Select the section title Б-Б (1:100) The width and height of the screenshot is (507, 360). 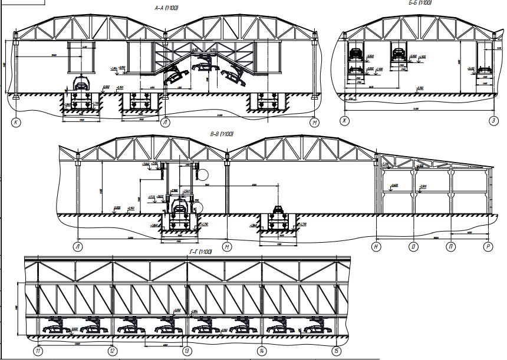(x=420, y=3)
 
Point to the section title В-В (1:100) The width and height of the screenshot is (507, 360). (x=222, y=134)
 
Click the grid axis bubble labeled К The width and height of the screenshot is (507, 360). (x=15, y=123)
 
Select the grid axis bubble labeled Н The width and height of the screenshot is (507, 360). (x=376, y=246)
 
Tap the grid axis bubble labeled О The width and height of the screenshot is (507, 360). (x=414, y=246)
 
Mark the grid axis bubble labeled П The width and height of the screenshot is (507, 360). (x=451, y=246)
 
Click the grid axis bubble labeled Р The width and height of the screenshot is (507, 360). (x=488, y=246)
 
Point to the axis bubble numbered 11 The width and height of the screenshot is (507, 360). (x=38, y=351)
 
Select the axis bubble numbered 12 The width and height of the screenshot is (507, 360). (x=113, y=351)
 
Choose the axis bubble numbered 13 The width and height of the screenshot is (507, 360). (x=187, y=351)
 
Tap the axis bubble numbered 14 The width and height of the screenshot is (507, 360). (x=262, y=351)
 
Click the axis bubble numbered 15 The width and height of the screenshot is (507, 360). (x=336, y=351)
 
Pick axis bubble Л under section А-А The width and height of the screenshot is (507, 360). (x=165, y=123)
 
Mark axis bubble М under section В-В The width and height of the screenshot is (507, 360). (x=228, y=246)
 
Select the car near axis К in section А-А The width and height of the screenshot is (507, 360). (x=80, y=82)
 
